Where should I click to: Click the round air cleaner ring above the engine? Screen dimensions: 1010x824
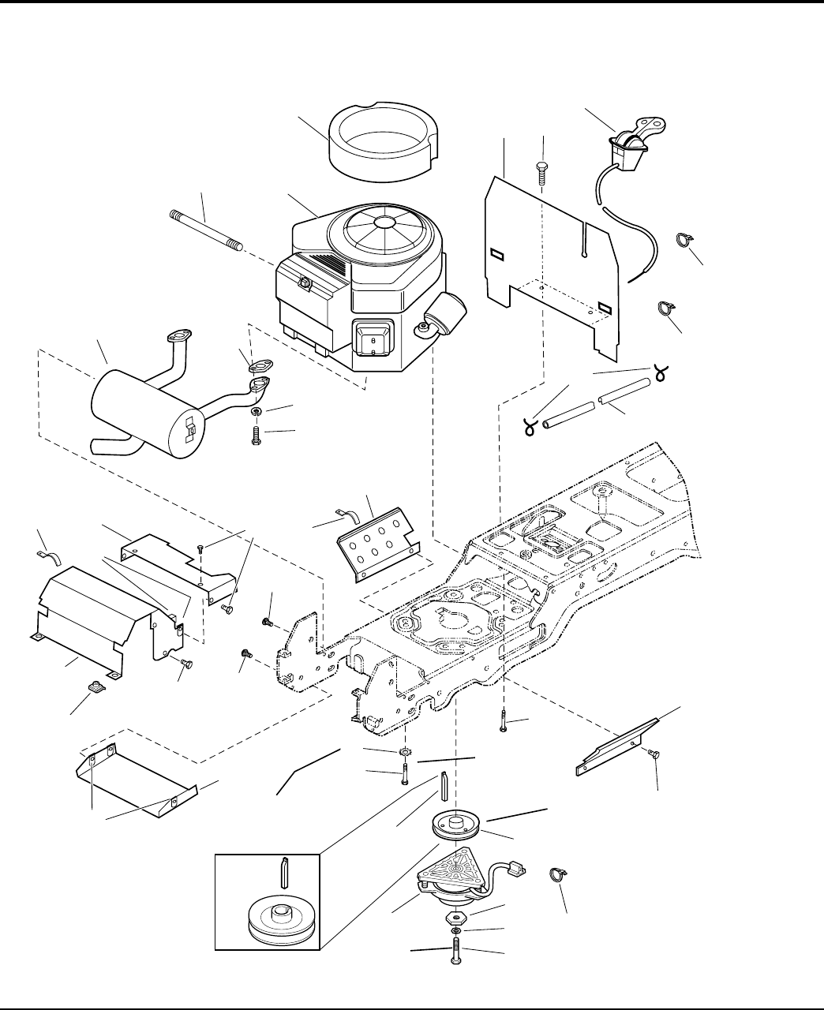click(x=381, y=139)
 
